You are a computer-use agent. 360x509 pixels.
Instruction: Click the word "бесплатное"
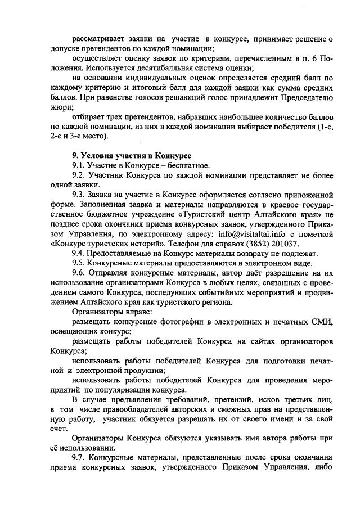[x=187, y=165]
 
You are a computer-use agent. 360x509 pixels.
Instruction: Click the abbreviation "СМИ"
[x=322, y=322]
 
